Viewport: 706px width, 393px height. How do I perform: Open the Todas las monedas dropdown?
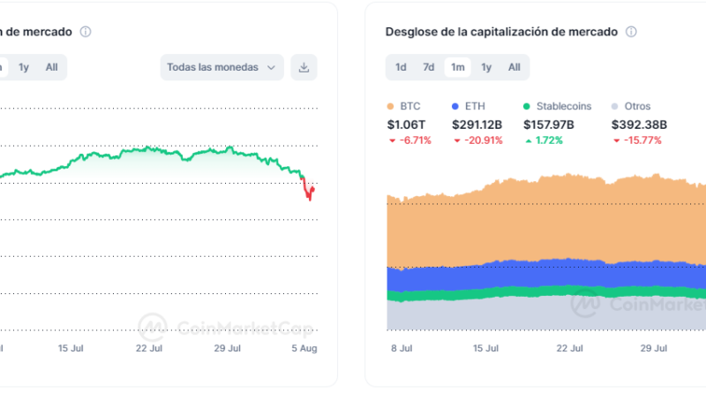tap(222, 67)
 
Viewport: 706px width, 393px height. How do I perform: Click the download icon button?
tap(304, 67)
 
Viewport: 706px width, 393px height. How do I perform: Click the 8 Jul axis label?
tap(402, 348)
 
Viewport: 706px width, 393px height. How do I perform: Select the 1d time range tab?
tap(401, 67)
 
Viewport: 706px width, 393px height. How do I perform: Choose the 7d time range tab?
tap(429, 67)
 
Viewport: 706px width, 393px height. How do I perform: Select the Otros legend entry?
tap(631, 106)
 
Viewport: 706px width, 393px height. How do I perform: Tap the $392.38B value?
tap(640, 125)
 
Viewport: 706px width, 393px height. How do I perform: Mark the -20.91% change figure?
tap(481, 140)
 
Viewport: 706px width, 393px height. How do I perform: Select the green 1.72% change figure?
tap(548, 140)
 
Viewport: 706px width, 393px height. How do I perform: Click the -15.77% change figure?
tap(641, 140)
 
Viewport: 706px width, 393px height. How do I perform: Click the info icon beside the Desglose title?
tap(631, 32)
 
